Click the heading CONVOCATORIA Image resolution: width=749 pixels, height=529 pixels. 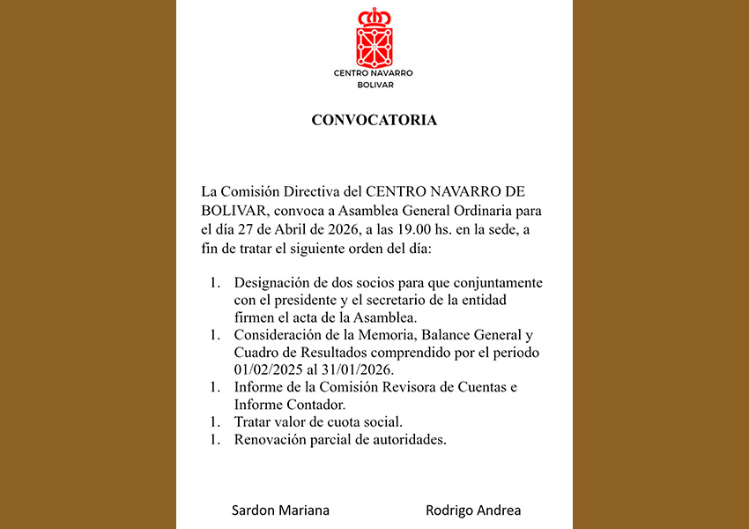point(374,120)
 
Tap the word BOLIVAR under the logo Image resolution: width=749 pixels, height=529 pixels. point(374,85)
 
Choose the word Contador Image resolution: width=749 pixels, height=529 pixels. point(313,404)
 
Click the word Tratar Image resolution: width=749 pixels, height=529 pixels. point(253,422)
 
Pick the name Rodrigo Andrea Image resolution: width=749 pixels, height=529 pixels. point(473,510)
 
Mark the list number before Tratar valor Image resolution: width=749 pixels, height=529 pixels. point(214,422)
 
